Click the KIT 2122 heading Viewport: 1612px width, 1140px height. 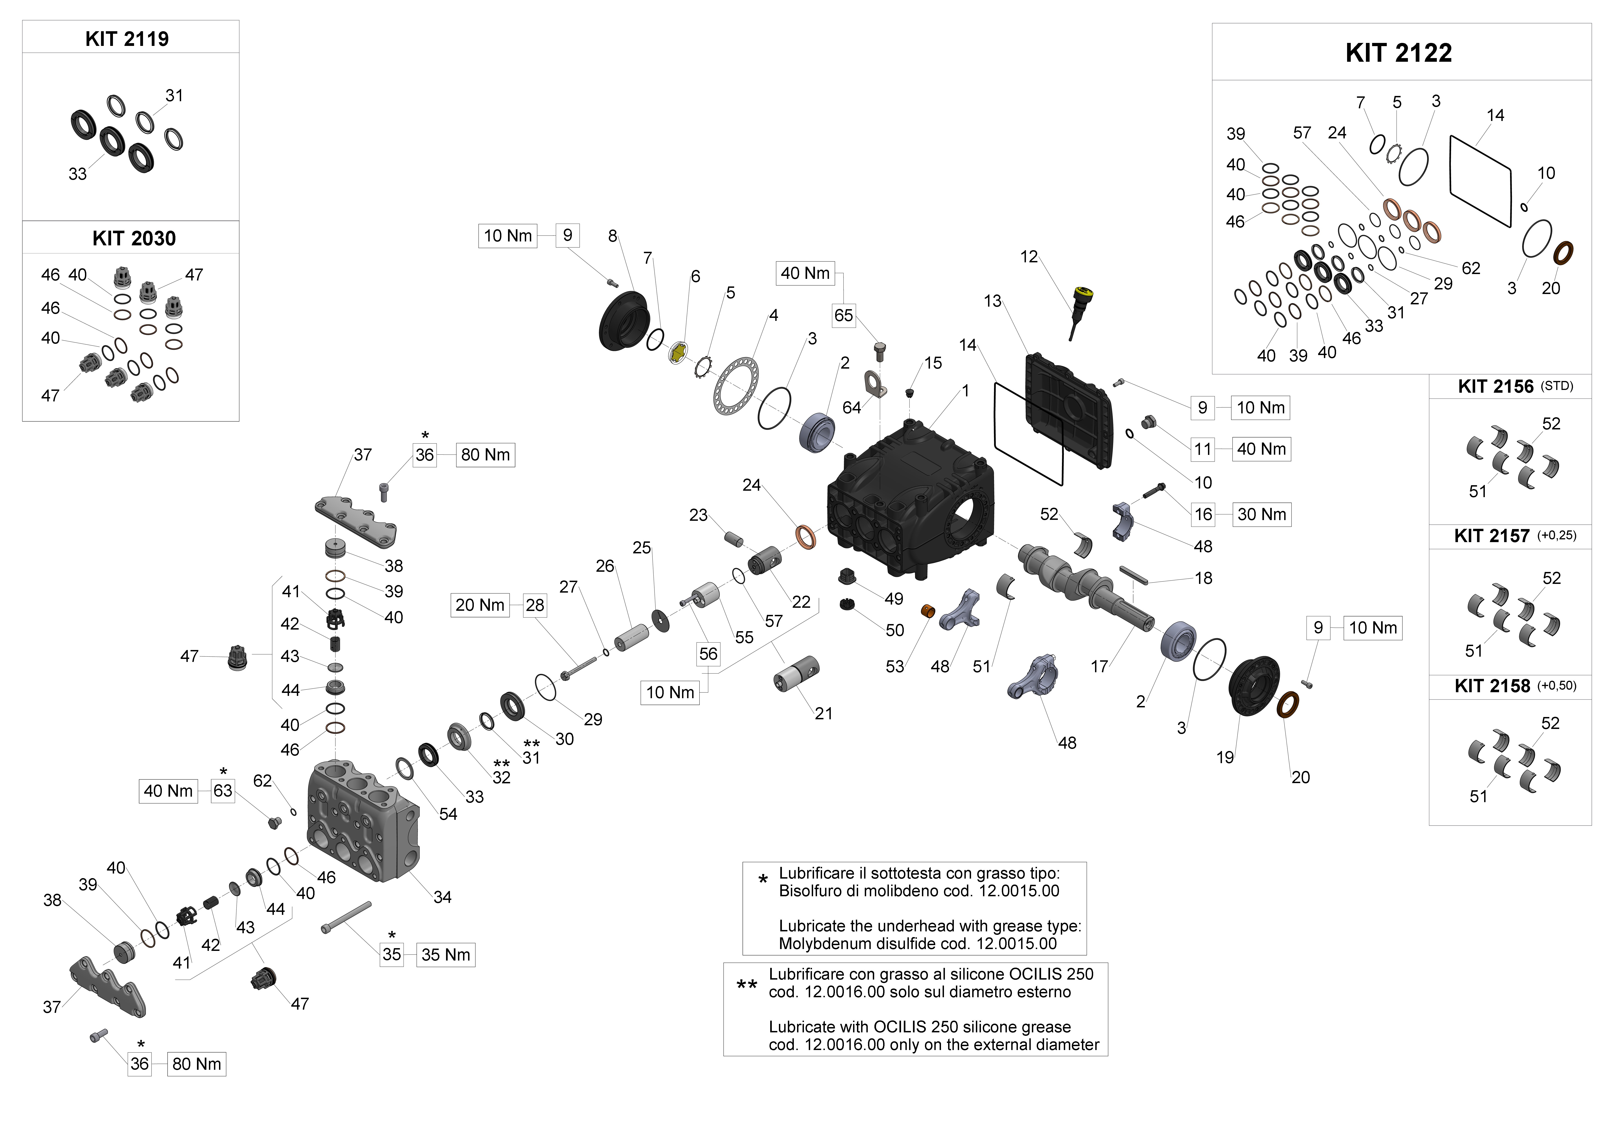[1399, 53]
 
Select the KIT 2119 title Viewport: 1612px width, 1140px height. [127, 39]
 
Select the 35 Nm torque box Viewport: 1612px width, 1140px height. [446, 955]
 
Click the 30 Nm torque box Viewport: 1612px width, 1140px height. [1262, 515]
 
